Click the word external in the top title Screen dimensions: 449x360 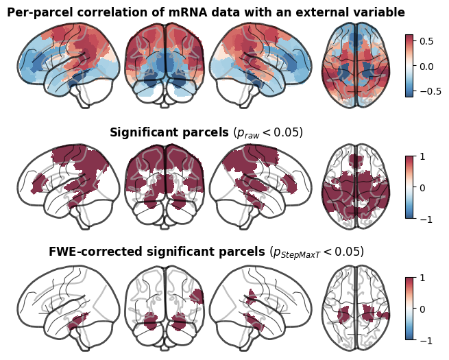[x=320, y=12]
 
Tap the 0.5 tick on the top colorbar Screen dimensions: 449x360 [x=426, y=41]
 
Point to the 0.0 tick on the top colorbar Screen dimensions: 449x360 [x=426, y=67]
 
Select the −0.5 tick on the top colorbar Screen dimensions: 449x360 [x=430, y=91]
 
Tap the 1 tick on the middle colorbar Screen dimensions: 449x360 [x=422, y=156]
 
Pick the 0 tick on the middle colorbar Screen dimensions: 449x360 [x=422, y=188]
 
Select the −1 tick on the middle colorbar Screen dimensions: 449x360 [x=426, y=219]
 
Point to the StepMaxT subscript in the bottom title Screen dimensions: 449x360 [x=300, y=255]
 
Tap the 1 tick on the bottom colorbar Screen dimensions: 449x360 [x=422, y=278]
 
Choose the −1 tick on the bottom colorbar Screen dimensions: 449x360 [x=426, y=341]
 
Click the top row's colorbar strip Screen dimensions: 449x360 [x=409, y=66]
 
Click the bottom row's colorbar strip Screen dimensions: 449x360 [x=409, y=309]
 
